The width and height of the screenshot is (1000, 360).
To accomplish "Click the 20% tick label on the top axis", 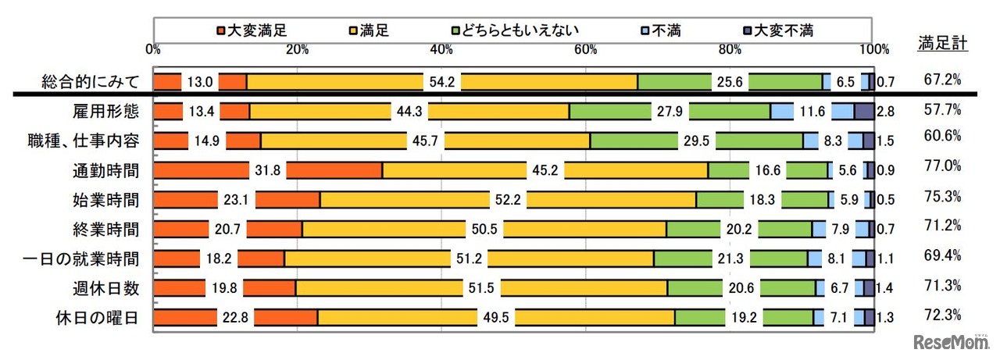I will coord(297,49).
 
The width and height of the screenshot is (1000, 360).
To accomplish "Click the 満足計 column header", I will coord(943,44).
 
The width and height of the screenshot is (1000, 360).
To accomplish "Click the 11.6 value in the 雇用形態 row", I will coord(812,112).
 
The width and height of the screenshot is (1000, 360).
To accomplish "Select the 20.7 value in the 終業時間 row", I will coord(227,229).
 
